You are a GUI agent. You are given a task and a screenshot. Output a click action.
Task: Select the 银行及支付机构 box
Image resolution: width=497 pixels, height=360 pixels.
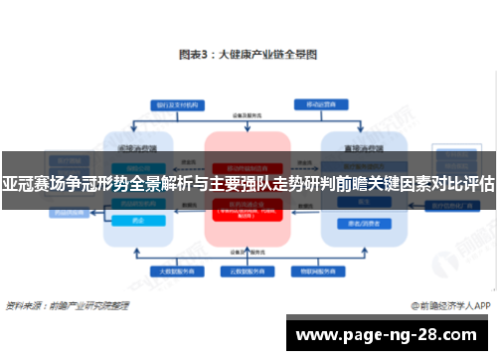pyautogui.click(x=173, y=103)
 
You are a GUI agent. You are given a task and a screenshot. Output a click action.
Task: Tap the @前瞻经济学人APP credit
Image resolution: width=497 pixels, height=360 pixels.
pyautogui.click(x=447, y=303)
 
